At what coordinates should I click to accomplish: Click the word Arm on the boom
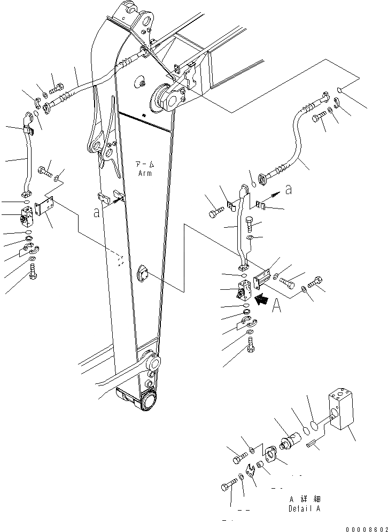(x=144, y=173)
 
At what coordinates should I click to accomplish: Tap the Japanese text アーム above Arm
(x=144, y=165)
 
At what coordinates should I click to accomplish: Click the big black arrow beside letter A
(x=262, y=300)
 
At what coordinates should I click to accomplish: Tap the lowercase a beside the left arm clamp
(x=96, y=212)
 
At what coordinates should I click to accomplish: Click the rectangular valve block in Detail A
(x=340, y=408)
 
